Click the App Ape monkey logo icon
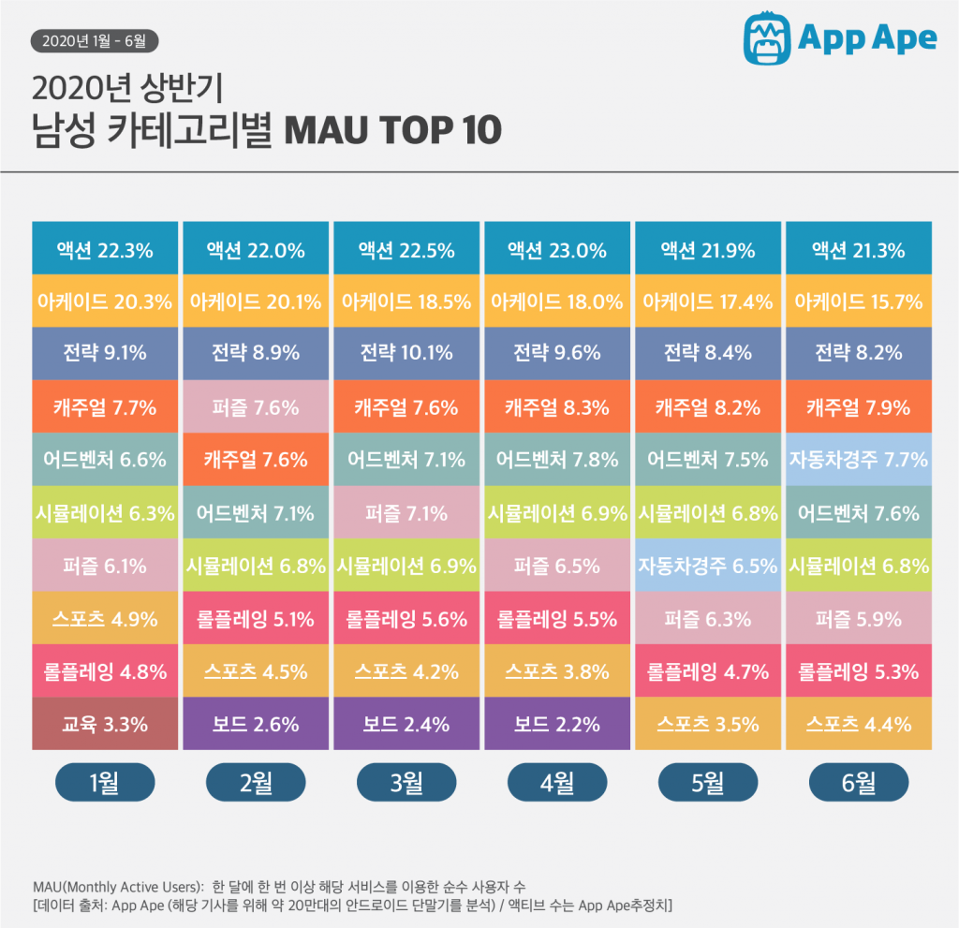(x=767, y=37)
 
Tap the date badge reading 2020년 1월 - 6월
(x=95, y=40)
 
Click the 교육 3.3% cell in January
(x=105, y=724)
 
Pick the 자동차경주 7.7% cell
(x=858, y=459)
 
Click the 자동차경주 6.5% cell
(x=708, y=565)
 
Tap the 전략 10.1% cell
(x=406, y=353)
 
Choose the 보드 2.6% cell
(x=256, y=724)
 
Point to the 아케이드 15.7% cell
(x=858, y=301)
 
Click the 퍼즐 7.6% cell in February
(x=256, y=406)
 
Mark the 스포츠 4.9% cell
(x=105, y=618)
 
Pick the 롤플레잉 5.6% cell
(x=406, y=618)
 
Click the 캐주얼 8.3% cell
(x=556, y=406)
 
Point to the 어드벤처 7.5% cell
(x=708, y=459)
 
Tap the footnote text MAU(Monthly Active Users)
(x=118, y=886)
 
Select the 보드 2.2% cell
(x=556, y=724)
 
